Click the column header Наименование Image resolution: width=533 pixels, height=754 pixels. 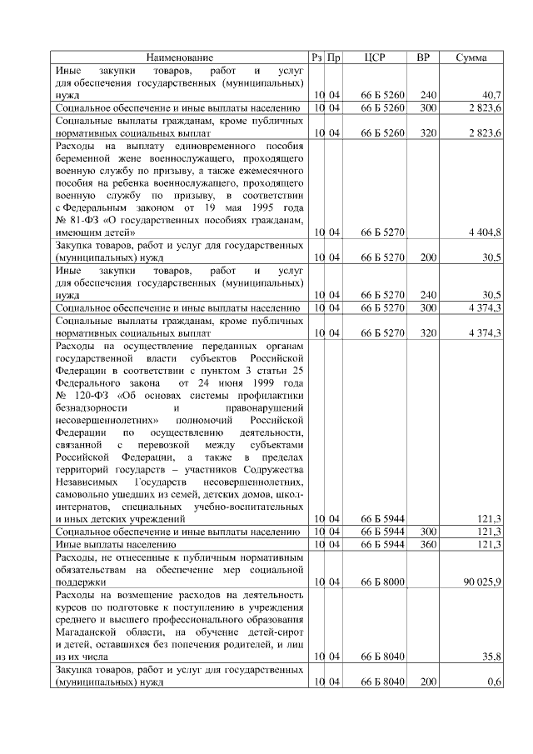(180, 57)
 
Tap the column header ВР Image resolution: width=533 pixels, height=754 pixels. (423, 57)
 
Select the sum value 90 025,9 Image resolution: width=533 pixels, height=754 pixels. (481, 581)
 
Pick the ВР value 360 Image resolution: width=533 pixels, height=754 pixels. (428, 543)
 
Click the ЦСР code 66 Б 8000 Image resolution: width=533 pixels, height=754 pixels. (382, 581)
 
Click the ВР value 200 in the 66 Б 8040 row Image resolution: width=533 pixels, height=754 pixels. (428, 681)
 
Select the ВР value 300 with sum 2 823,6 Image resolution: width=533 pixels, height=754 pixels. (428, 108)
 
